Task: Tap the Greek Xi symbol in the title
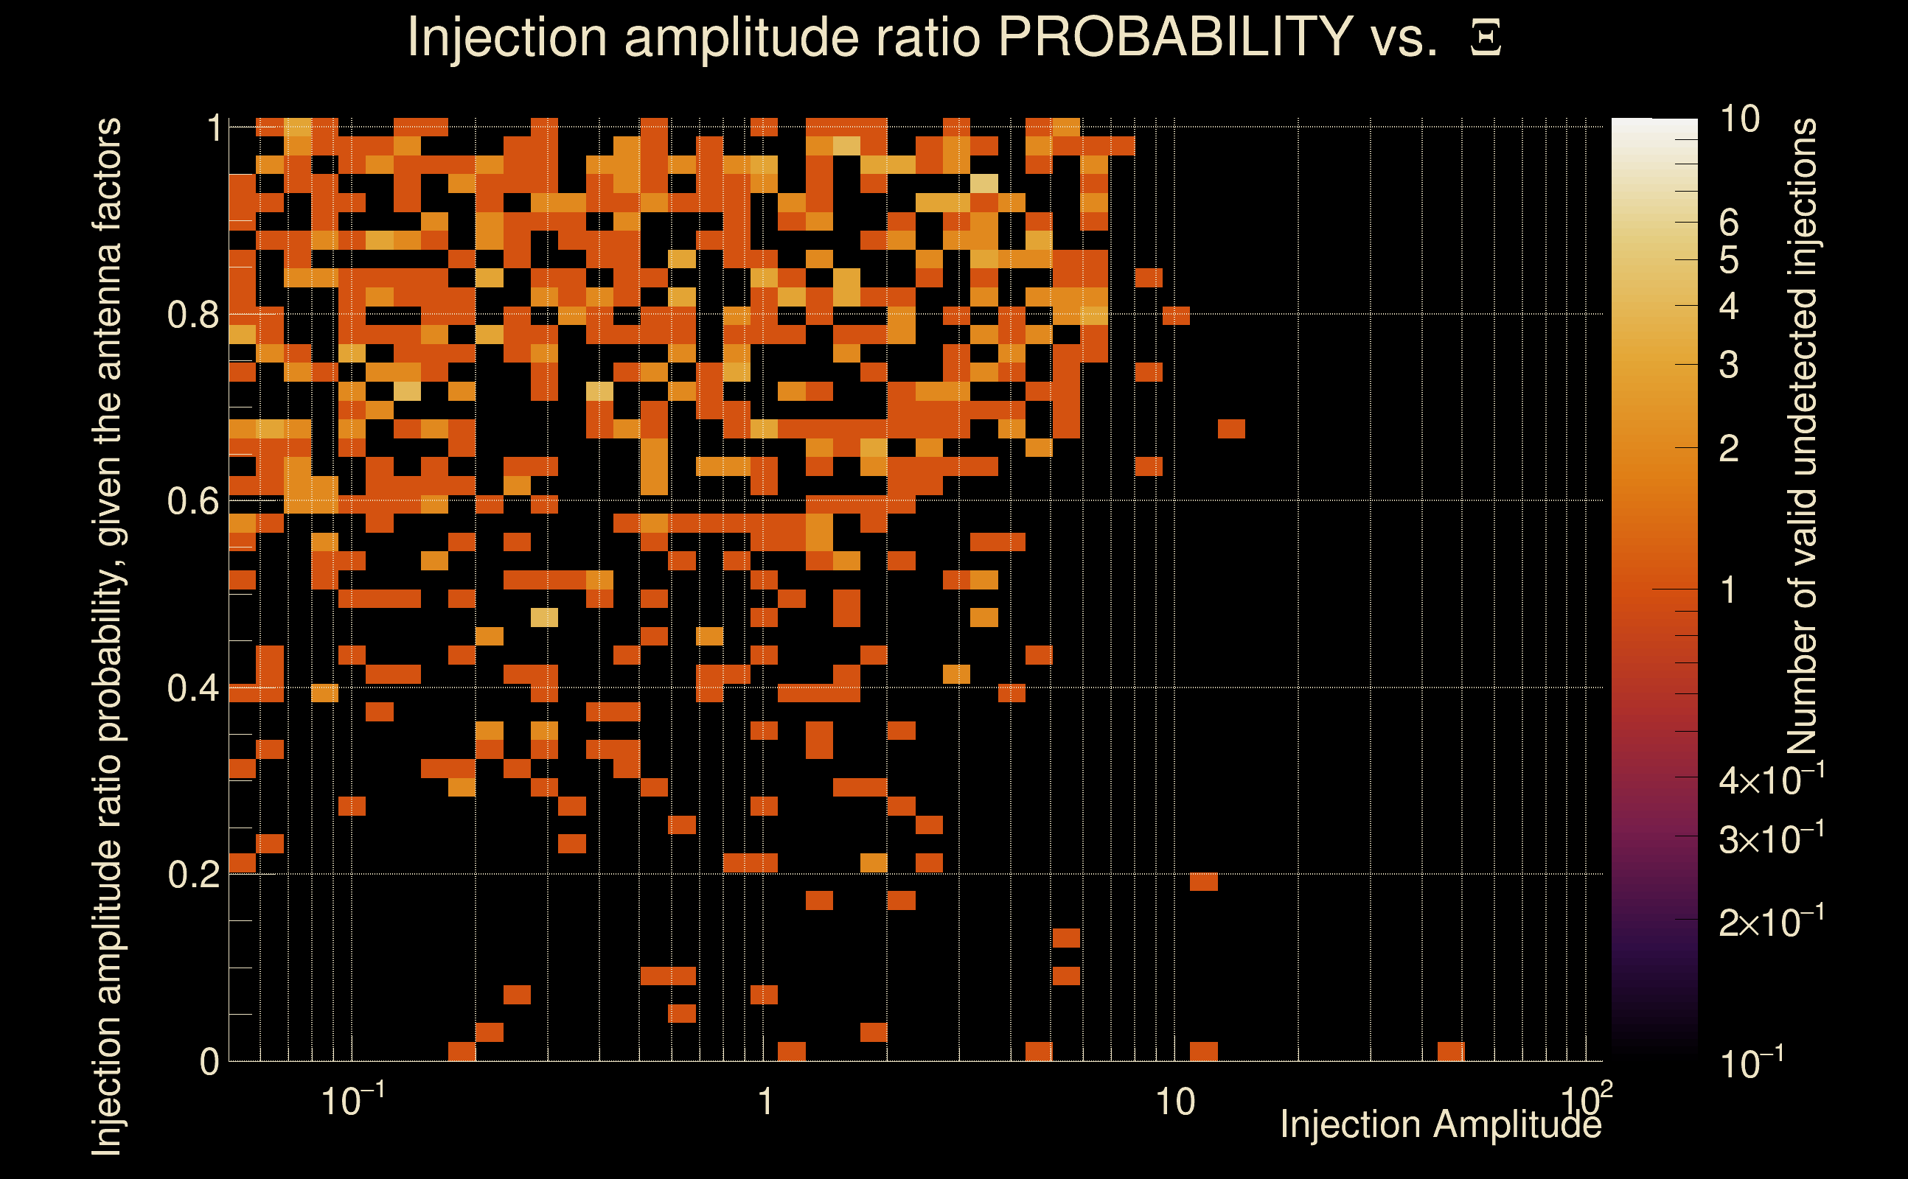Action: tap(1486, 38)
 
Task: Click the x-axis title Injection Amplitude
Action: tap(1441, 1124)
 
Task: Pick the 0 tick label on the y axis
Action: tap(209, 1062)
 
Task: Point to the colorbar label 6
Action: tap(1729, 224)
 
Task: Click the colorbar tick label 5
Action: tap(1729, 260)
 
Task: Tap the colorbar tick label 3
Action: tap(1729, 365)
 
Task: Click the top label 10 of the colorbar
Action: tap(1739, 120)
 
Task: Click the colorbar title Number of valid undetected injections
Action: tap(1802, 437)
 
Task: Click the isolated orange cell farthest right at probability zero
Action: tap(1450, 1051)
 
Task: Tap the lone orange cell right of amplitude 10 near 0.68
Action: tap(1231, 429)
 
